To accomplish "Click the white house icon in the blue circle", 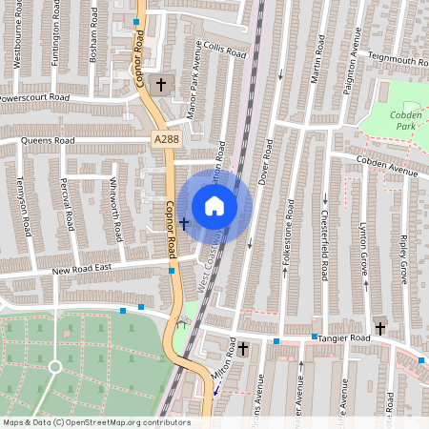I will click(214, 206).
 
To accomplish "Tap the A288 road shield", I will click(165, 139).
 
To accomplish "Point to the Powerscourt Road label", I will click(35, 98).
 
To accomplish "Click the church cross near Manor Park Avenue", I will click(161, 85).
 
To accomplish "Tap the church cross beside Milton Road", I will click(243, 350).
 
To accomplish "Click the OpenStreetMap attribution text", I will click(97, 422).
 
